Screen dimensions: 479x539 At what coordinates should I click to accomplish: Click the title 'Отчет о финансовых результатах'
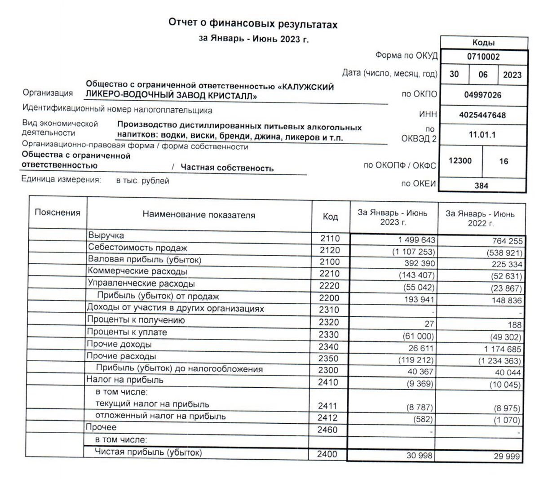pyautogui.click(x=252, y=24)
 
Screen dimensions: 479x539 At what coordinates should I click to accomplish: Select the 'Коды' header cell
pyautogui.click(x=483, y=43)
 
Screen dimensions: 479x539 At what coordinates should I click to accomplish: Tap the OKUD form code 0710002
pyautogui.click(x=483, y=57)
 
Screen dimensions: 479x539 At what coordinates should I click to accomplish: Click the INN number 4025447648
pyautogui.click(x=482, y=115)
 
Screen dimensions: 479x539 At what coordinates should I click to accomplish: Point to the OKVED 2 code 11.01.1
pyautogui.click(x=482, y=134)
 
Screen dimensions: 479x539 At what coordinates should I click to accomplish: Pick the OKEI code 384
pyautogui.click(x=481, y=186)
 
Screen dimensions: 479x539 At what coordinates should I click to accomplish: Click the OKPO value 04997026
pyautogui.click(x=482, y=95)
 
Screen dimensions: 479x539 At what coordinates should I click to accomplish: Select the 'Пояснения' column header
pyautogui.click(x=57, y=213)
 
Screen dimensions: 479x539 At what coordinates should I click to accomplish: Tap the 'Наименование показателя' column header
pyautogui.click(x=199, y=215)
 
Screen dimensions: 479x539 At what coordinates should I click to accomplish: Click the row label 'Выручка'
pyautogui.click(x=106, y=235)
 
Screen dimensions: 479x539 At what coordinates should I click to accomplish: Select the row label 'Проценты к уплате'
pyautogui.click(x=127, y=333)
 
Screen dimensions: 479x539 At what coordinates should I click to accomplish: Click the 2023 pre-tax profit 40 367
pyautogui.click(x=420, y=372)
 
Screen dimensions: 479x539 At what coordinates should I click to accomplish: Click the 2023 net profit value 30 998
pyautogui.click(x=420, y=456)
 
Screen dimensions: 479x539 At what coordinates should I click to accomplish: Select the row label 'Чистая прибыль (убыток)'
pyautogui.click(x=148, y=452)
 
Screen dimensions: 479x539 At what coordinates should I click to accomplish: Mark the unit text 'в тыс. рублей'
pyautogui.click(x=142, y=181)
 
